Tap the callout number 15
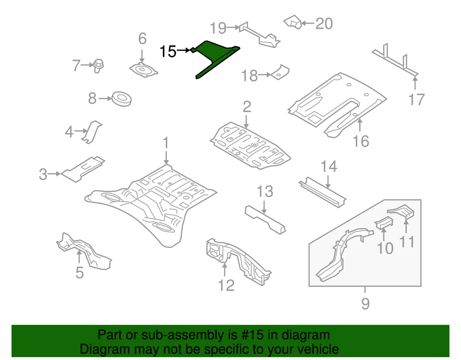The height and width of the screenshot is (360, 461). [168, 51]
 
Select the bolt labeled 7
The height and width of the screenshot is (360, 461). [99, 65]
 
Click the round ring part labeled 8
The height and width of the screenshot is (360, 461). [121, 99]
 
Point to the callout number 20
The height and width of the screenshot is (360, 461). [324, 23]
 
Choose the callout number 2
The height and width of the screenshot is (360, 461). [246, 106]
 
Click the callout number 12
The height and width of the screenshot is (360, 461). [226, 285]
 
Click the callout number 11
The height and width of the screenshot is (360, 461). [407, 241]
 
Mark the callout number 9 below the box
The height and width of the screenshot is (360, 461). [365, 304]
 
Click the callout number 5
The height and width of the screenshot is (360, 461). [80, 273]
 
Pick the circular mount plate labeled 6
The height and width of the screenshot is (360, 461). [143, 70]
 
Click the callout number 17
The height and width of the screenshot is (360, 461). [416, 99]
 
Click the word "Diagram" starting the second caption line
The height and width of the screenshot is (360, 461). [102, 349]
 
